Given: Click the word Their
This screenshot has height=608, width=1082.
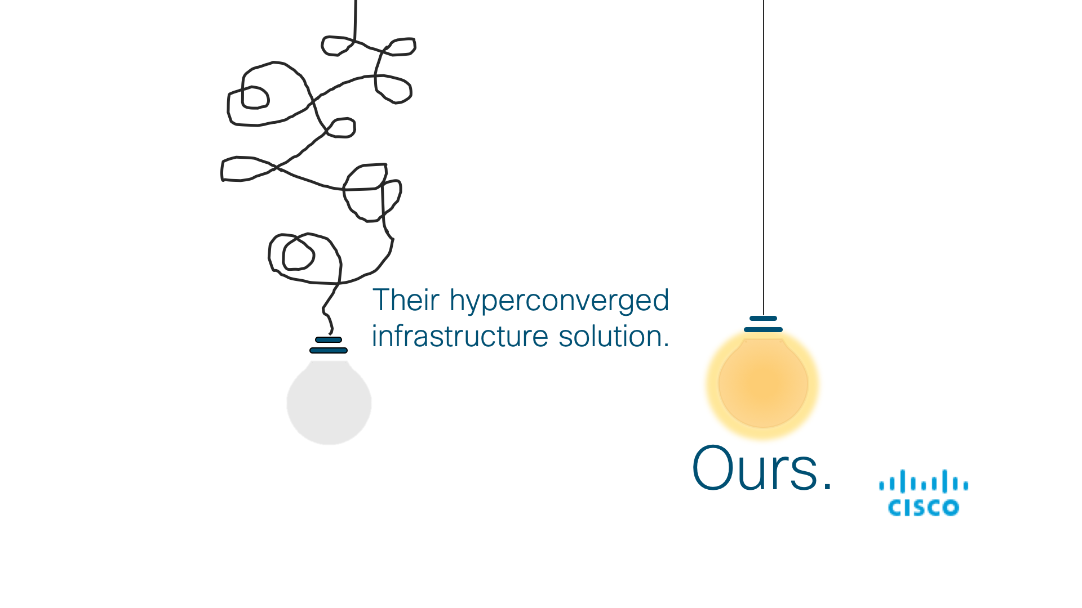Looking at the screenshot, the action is [406, 300].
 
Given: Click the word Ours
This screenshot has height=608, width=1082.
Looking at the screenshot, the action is [755, 468].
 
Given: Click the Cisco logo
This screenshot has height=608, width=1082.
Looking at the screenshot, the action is [924, 493].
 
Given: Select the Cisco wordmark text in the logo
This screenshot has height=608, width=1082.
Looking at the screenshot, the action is [924, 508].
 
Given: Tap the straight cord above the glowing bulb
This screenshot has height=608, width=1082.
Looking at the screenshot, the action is [764, 158].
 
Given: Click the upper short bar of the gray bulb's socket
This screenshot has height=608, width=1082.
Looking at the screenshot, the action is [329, 339].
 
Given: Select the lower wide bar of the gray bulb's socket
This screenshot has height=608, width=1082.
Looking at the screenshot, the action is [329, 350].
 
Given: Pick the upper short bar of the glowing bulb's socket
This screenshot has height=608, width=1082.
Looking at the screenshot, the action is [764, 318].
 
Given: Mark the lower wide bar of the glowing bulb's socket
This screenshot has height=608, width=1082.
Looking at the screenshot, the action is [764, 329].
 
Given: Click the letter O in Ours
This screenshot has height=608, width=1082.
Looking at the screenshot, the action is [712, 468].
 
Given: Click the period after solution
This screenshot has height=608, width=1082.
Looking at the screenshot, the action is [667, 346].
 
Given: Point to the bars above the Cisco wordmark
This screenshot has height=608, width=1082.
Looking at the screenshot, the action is [924, 482].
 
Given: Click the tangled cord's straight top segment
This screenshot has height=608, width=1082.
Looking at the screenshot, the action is [355, 20].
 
